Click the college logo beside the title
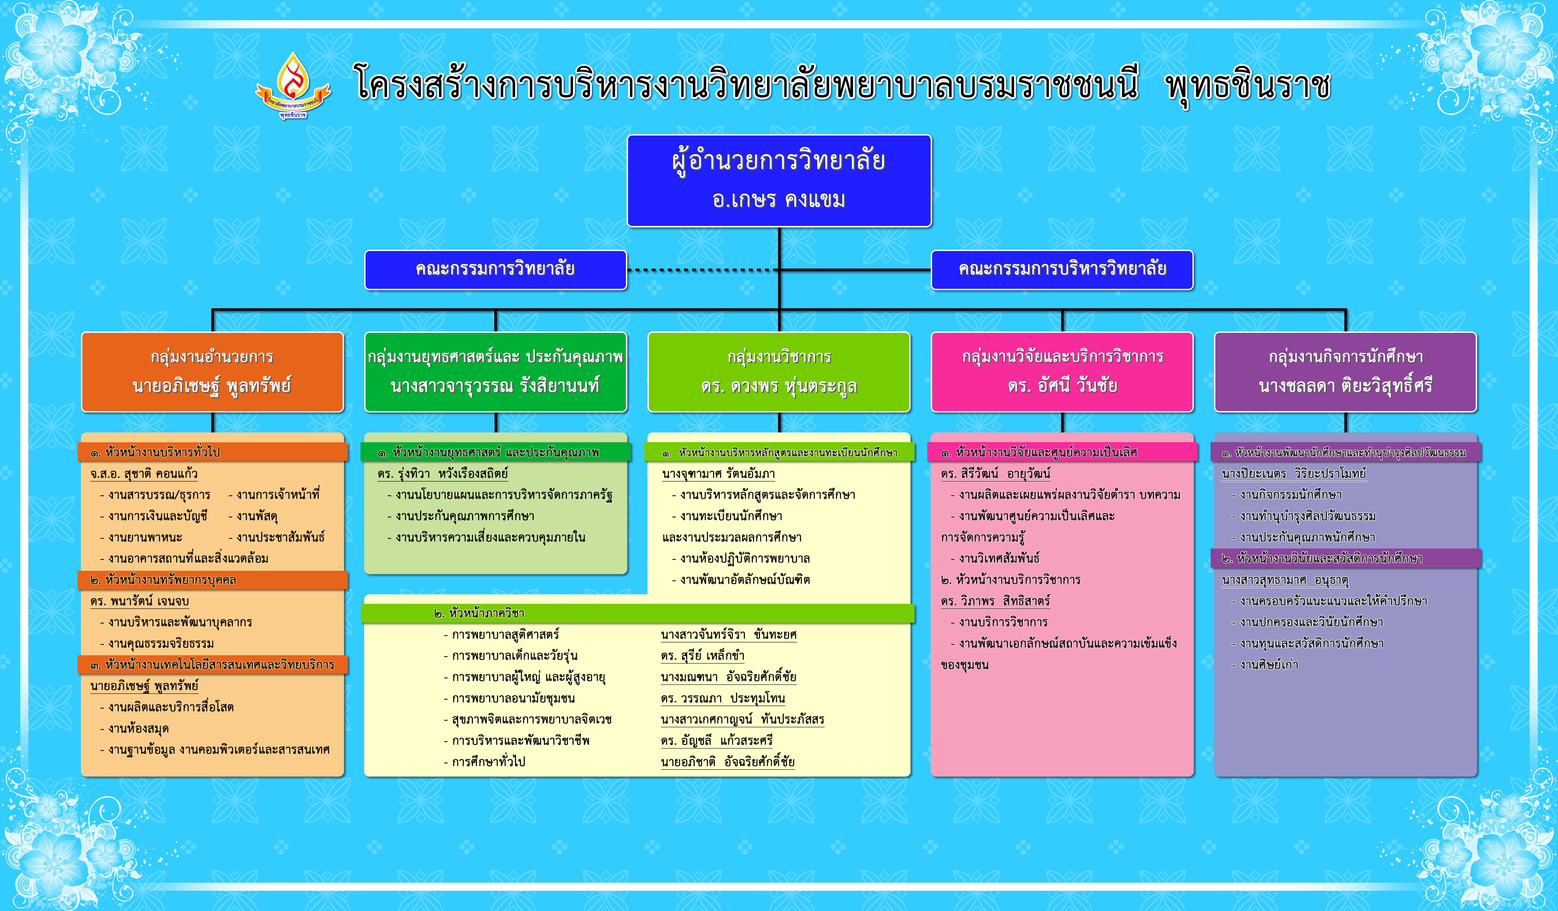point(293,85)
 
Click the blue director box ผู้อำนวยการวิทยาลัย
point(779,181)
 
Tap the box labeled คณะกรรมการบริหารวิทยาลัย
point(1062,270)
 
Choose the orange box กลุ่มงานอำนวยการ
point(212,372)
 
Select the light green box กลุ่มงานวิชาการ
point(779,372)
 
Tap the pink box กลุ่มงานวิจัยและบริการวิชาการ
point(1062,372)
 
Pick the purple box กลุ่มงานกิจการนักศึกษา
point(1345,372)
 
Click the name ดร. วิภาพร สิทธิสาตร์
point(996,601)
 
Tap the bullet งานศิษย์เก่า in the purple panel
point(1265,665)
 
